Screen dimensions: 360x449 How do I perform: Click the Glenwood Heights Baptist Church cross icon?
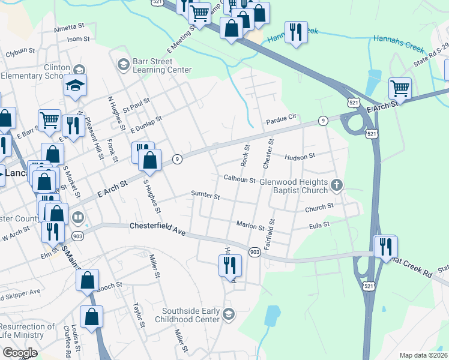coord(337,186)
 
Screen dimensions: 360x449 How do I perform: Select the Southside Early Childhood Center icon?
coord(228,314)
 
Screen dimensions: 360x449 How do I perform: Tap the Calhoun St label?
coord(240,179)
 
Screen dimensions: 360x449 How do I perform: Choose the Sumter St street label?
coord(205,196)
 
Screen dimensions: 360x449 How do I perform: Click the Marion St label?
coord(250,227)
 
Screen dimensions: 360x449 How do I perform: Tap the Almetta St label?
coord(70,28)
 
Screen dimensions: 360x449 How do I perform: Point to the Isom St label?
coord(78,39)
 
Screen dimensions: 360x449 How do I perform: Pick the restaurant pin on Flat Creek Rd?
coord(384,246)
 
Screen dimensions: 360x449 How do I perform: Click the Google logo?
coord(20,353)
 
